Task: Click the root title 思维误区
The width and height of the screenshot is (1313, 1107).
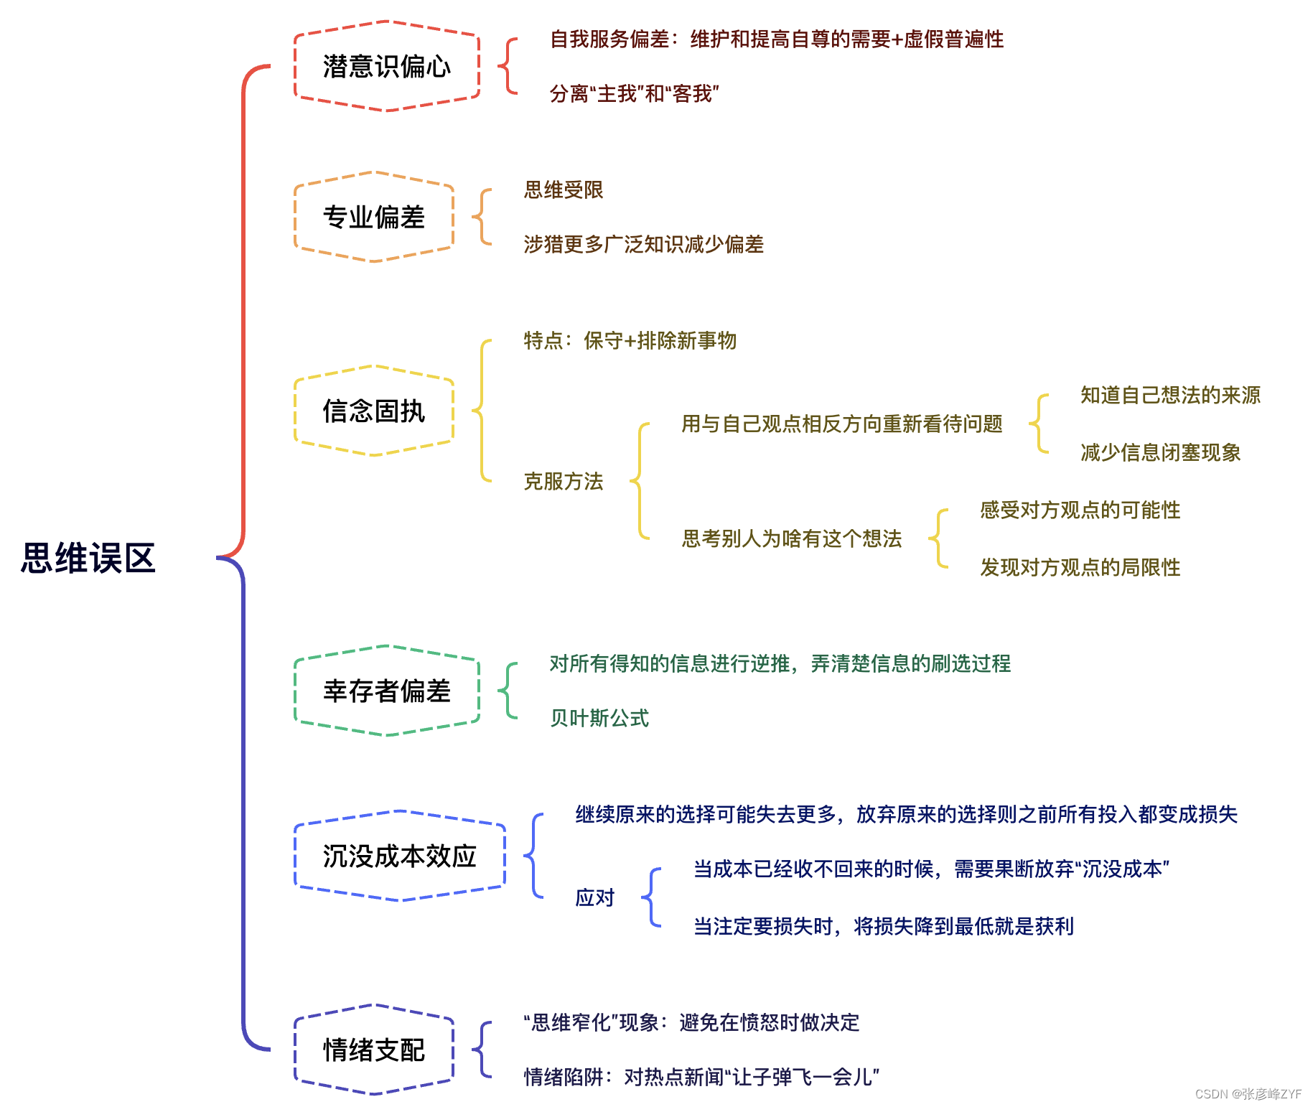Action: (x=88, y=558)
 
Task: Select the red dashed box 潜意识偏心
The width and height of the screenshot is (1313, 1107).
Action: (x=386, y=67)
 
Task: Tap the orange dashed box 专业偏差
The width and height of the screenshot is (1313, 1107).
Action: (x=373, y=217)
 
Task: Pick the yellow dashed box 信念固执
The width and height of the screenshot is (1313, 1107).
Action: (x=373, y=411)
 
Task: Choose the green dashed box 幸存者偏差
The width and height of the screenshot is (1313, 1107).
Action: (x=386, y=691)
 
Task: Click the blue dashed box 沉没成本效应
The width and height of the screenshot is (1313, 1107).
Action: (x=399, y=856)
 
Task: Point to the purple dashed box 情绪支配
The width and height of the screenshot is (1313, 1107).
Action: (x=373, y=1050)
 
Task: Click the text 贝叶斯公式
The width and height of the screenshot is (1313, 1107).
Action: (x=599, y=718)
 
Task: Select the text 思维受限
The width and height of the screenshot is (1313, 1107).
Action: (x=564, y=190)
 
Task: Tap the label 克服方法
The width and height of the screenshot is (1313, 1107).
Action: (x=564, y=481)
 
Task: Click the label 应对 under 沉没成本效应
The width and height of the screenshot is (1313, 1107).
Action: (x=595, y=897)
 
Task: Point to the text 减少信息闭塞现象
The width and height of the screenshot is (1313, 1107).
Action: (x=1160, y=452)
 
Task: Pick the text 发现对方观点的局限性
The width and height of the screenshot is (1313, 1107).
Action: (x=1080, y=567)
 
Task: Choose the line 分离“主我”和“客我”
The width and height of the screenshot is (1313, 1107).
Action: (x=634, y=93)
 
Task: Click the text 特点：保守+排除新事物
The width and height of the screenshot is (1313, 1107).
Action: (x=630, y=340)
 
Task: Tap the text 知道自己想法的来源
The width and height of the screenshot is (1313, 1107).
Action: (x=1170, y=395)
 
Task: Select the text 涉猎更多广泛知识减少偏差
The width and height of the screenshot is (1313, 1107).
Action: (x=643, y=244)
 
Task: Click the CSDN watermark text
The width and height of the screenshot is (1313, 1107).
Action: (x=1248, y=1094)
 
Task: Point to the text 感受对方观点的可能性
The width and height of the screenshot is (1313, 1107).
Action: (x=1080, y=510)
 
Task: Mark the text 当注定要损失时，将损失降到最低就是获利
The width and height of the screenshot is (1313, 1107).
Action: (x=883, y=926)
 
